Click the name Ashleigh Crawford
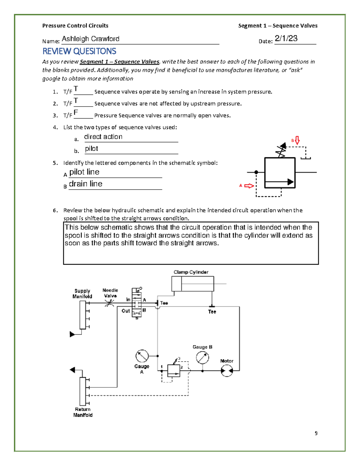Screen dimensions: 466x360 tap(90, 39)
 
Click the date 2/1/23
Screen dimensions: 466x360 tap(286, 38)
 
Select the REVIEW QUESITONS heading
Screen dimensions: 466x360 tap(79, 51)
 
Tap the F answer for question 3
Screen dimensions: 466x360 tap(76, 113)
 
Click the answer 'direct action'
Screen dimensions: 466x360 tap(103, 137)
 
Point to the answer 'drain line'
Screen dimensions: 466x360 tap(85, 184)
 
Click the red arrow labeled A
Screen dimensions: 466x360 tap(249, 186)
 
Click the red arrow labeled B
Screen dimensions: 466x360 tap(297, 140)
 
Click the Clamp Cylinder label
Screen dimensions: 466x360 tap(191, 272)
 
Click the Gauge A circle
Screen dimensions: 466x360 tap(142, 356)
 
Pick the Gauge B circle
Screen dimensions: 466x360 tap(202, 358)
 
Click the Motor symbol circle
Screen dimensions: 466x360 tap(227, 371)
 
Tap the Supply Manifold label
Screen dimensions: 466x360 tap(82, 293)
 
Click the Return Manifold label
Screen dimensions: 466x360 tap(83, 412)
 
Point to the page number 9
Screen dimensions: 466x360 tap(316, 433)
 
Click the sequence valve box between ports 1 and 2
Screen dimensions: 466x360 tap(173, 371)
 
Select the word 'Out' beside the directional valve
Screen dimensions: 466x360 tap(126, 311)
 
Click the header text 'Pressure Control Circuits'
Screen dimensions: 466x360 tap(75, 26)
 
